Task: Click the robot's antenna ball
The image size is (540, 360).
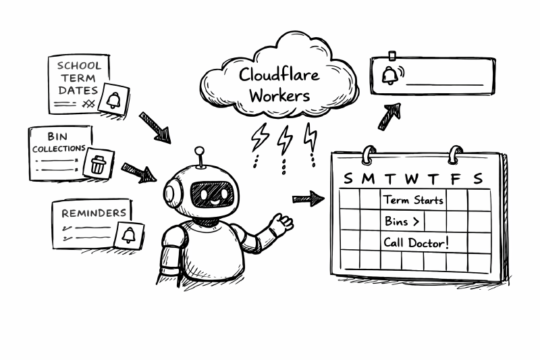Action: coord(199,150)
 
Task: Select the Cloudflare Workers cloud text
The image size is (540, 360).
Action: coord(279,84)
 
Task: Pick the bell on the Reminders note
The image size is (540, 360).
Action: coord(129,234)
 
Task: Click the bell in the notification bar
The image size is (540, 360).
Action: coord(389,75)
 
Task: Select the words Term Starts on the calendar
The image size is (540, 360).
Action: coord(414,200)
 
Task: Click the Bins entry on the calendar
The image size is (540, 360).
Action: coord(402,221)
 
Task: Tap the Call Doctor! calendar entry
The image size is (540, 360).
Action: coord(416,242)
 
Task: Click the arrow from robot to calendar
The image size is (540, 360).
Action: coord(308,199)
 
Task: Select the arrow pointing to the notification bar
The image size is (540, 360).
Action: coord(389,116)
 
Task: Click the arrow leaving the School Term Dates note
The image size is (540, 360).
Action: coord(155,127)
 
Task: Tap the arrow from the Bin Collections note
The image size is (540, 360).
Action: coord(138,172)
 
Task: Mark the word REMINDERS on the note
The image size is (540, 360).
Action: coord(94,213)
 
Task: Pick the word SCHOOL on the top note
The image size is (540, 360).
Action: coord(80,66)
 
